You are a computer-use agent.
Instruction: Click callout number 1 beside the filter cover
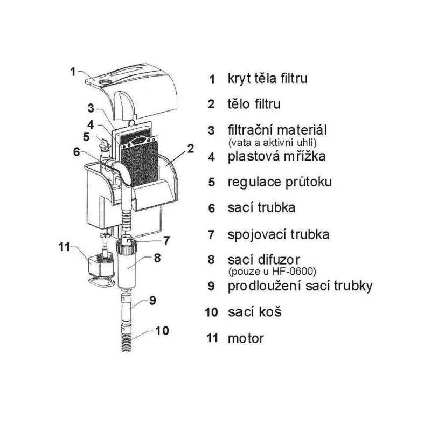coord(73,72)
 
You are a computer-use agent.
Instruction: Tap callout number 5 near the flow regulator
coord(87,137)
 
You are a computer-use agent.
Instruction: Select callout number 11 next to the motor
coord(65,247)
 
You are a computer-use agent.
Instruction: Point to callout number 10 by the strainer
coord(162,331)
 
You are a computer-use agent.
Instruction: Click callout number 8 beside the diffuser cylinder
coord(157,258)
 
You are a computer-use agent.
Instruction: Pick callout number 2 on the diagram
coord(191,149)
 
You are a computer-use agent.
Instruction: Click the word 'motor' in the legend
coord(246,338)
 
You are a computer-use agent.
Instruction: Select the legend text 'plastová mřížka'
coord(276,156)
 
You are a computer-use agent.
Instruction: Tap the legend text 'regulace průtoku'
coord(280,182)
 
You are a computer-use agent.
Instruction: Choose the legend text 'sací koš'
coord(254,312)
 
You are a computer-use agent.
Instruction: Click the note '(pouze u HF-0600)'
coord(273,272)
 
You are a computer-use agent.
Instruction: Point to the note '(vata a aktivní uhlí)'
coord(273,143)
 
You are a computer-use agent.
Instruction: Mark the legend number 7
coord(211,234)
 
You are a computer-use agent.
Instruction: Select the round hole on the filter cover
coord(106,82)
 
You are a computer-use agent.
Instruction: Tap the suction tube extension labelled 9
coord(127,308)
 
